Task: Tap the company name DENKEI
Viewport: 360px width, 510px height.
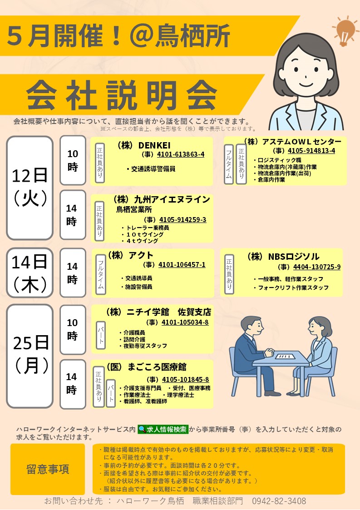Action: pos(154,145)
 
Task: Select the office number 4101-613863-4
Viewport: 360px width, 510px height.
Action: pos(181,154)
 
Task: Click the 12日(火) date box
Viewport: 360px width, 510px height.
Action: pos(30,188)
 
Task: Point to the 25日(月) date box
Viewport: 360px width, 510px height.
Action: pos(30,356)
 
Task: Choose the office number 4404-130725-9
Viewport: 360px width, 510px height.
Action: pos(317,267)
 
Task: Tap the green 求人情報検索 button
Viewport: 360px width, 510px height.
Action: pos(163,429)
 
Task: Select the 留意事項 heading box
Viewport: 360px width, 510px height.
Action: pos(48,469)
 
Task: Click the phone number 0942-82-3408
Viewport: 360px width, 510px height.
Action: pos(279,501)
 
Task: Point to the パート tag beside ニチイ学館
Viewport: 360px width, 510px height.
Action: pos(101,335)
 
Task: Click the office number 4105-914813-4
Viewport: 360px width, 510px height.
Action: pos(311,151)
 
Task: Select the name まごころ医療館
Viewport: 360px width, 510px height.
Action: pos(157,367)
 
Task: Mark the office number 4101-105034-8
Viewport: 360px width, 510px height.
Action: pos(185,322)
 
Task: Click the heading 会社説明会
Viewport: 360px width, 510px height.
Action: pos(122,95)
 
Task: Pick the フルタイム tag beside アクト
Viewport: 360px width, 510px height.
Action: pos(101,274)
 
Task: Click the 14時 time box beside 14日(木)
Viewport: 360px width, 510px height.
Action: pos(73,273)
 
